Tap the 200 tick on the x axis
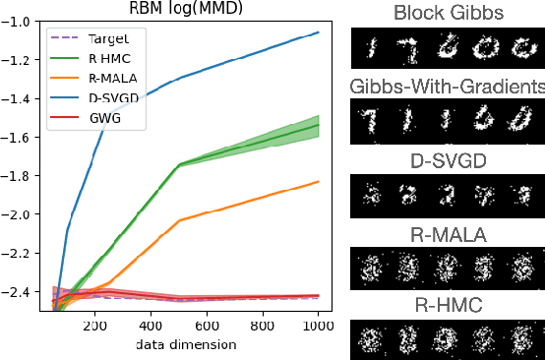pos(95,326)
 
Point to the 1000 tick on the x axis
pos(317,326)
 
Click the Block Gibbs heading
pos(448,14)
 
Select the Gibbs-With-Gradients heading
pos(448,87)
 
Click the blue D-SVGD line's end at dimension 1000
pos(318,32)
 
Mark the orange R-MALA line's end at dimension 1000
pos(318,181)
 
